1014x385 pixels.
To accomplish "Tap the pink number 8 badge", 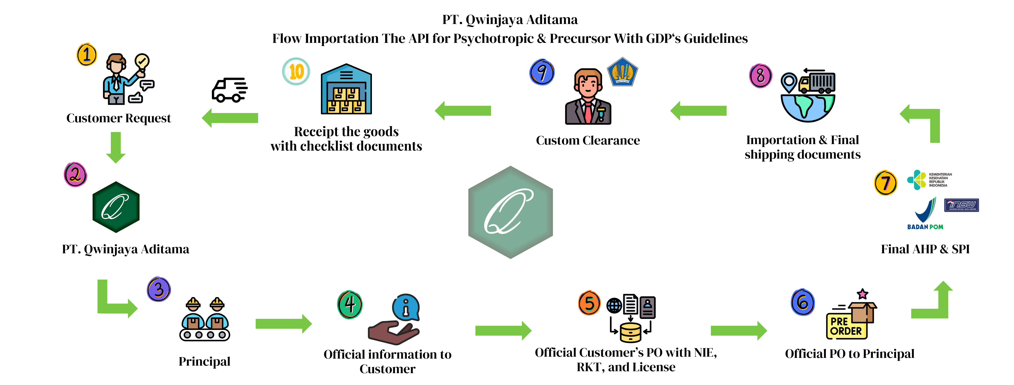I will (760, 76).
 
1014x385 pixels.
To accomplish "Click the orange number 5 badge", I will (589, 303).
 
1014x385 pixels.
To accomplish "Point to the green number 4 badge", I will (350, 304).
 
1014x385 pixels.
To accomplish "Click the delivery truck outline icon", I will (230, 90).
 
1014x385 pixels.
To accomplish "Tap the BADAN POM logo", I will (925, 215).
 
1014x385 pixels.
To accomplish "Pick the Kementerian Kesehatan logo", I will (929, 180).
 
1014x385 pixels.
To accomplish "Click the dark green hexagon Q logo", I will (116, 207).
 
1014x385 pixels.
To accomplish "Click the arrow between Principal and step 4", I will (284, 323).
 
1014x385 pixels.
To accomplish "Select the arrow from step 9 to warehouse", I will (463, 111).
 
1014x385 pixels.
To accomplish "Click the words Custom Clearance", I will (588, 140).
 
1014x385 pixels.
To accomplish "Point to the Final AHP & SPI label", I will (925, 249).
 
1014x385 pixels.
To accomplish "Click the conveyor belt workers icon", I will (205, 319).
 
